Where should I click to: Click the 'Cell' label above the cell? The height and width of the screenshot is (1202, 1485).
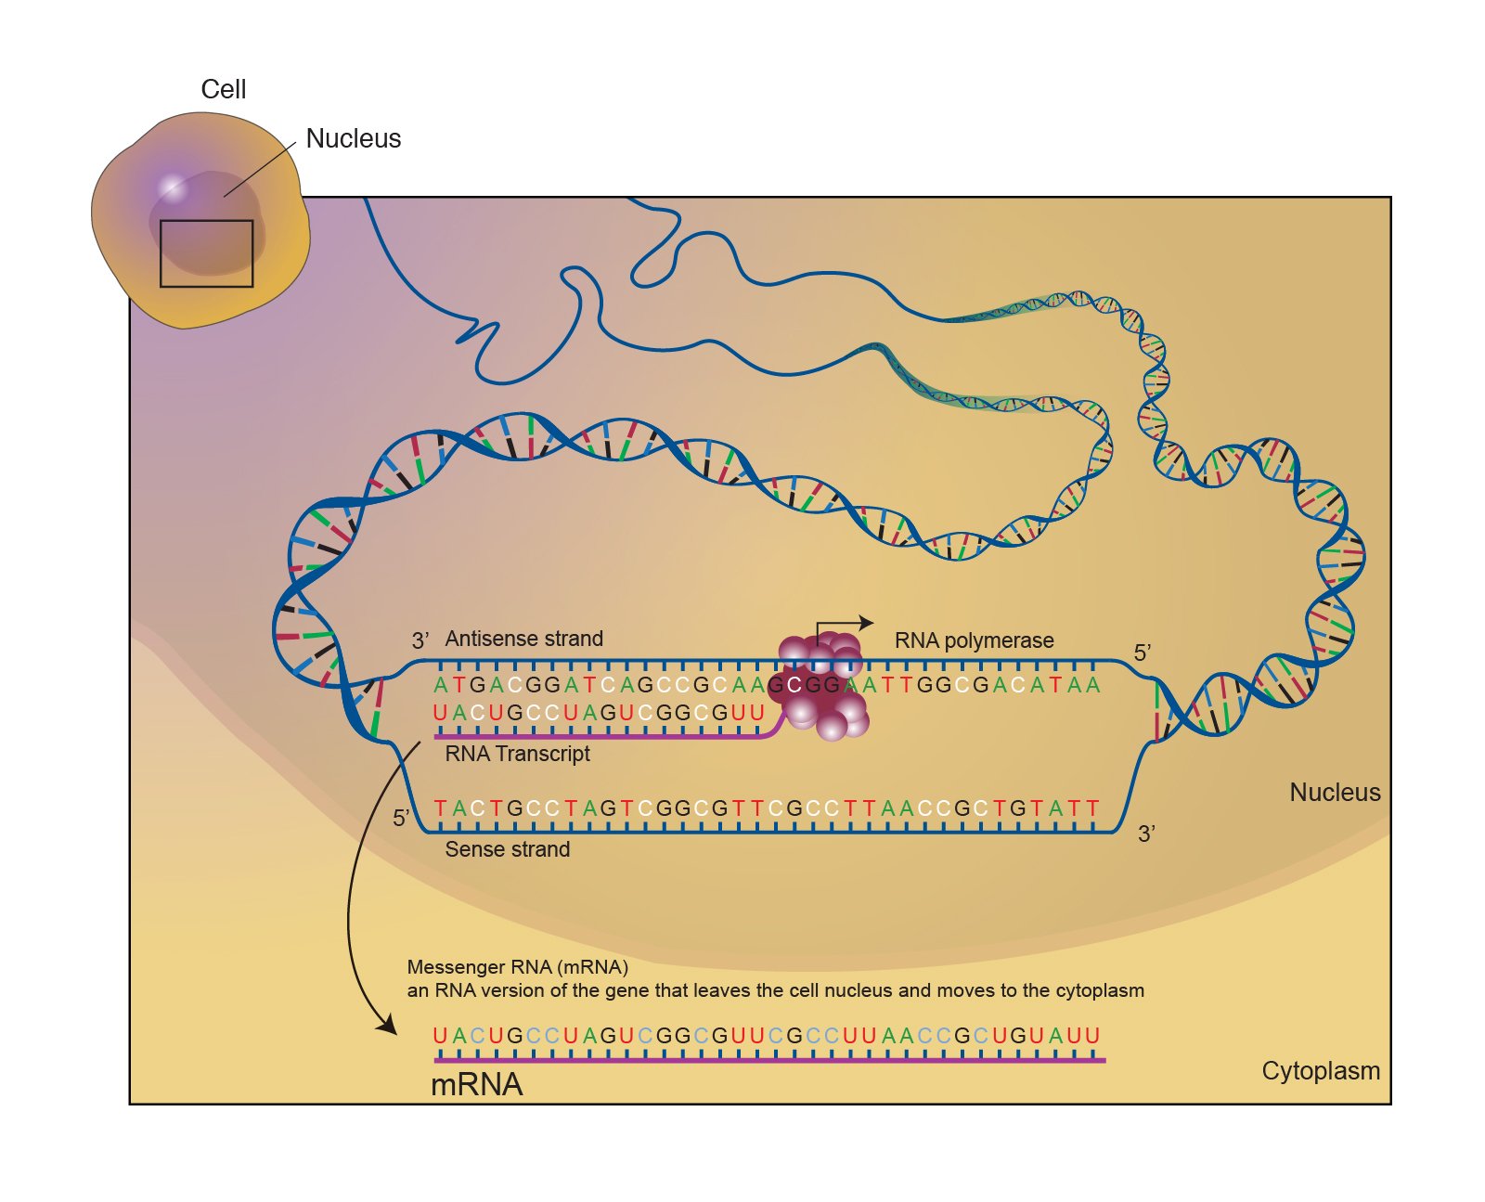point(224,89)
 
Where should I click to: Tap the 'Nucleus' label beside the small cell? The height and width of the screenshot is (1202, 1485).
point(354,138)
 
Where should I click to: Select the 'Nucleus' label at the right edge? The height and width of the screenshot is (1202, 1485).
point(1335,793)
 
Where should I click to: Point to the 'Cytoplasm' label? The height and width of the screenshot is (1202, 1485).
point(1320,1071)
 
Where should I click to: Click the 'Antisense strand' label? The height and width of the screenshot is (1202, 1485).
point(523,639)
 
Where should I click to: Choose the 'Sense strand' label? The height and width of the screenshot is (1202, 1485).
point(507,849)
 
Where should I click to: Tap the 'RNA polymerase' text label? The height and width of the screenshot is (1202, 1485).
point(974,640)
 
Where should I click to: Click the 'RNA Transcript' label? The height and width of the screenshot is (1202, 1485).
point(517,754)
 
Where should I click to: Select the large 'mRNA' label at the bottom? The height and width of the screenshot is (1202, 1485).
point(477,1084)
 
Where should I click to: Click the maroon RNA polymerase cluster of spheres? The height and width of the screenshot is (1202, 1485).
point(822,687)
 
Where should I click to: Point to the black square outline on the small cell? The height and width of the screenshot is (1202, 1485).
point(206,253)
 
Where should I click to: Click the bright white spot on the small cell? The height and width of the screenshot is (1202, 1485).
point(172,187)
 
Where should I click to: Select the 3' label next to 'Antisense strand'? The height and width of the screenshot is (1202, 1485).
point(420,640)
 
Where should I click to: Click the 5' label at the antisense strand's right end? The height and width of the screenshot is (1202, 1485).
point(1143,653)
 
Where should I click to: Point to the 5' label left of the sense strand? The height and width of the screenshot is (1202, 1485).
point(401,819)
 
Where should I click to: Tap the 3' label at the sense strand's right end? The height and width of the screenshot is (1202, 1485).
point(1147,834)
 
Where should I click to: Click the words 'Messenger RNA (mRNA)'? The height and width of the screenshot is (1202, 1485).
point(518,967)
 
